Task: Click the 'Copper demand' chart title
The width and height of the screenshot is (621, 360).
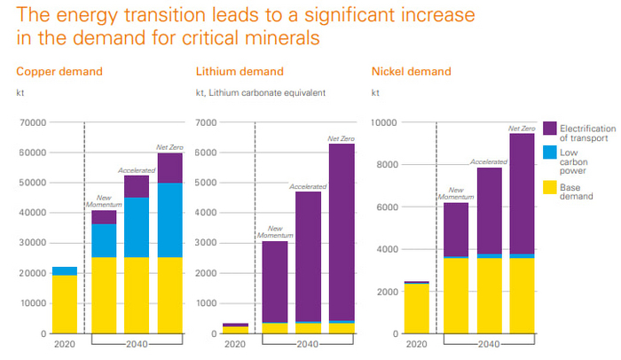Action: [59, 71]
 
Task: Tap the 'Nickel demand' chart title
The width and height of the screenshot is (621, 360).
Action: [411, 71]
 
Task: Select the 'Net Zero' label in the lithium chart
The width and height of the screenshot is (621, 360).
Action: [341, 138]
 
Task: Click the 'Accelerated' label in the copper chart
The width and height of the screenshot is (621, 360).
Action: [136, 170]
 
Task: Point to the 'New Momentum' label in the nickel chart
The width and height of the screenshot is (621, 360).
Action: [456, 192]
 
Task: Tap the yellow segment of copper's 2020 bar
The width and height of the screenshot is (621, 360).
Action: [64, 304]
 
